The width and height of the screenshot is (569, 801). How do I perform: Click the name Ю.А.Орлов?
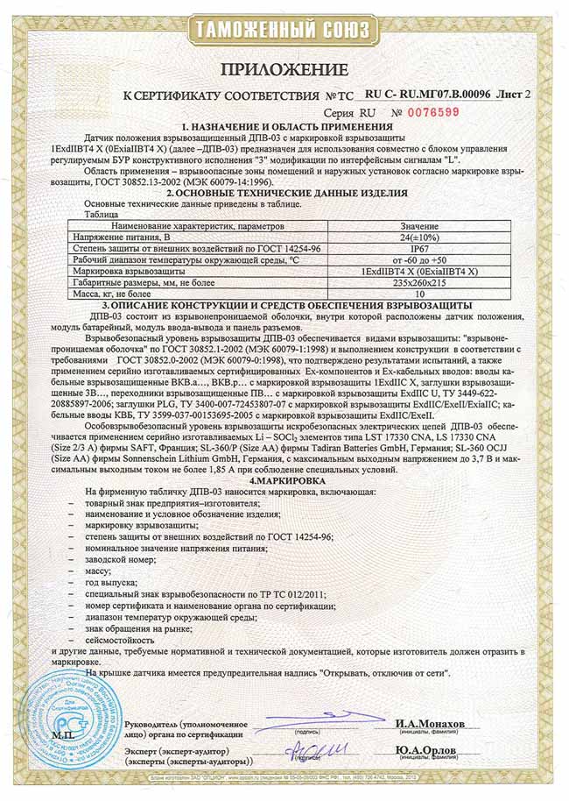pyautogui.click(x=429, y=750)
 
